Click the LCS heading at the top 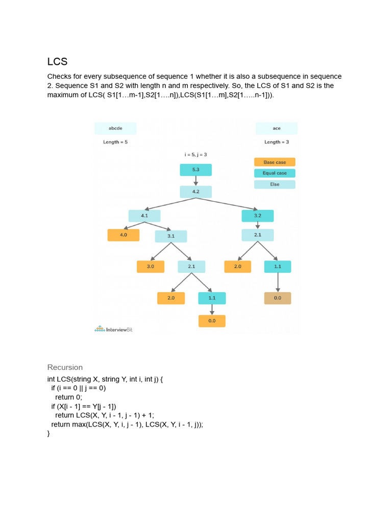pos(57,62)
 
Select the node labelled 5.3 pos(195,170)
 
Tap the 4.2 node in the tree pos(195,192)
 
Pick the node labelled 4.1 pos(144,216)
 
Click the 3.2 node pos(257,216)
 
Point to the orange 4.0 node pos(124,235)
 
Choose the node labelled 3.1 pos(171,236)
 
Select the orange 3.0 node pos(151,267)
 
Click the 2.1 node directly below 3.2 pos(257,235)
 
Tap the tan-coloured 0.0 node pos(277,298)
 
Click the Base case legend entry pos(275,162)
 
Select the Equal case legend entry pos(275,173)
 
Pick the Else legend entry pos(275,184)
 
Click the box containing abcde pos(115,128)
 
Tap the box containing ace pos(277,128)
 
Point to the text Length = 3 pos(277,142)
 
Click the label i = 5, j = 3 pos(195,154)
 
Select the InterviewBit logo pos(114,329)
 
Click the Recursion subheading pos(65,367)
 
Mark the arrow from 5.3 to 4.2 pos(195,181)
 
